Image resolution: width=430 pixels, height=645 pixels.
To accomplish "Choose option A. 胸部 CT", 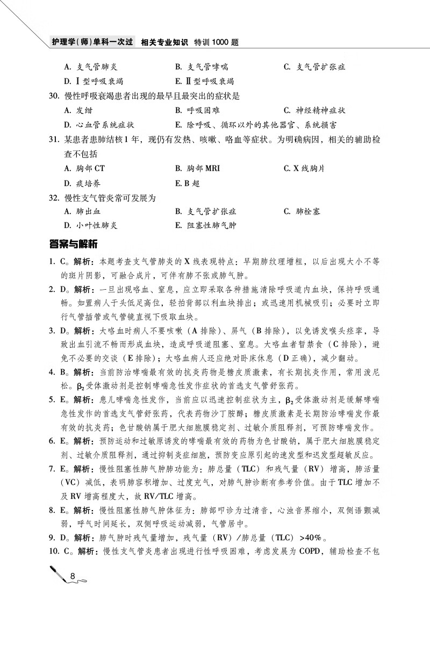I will click(x=84, y=168).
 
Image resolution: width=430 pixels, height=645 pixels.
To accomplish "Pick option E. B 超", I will click(x=188, y=183).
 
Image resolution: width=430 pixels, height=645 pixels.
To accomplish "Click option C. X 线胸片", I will click(x=304, y=168).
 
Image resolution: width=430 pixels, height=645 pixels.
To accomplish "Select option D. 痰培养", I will click(x=82, y=183).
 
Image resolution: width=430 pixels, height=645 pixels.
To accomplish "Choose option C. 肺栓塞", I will click(x=302, y=211).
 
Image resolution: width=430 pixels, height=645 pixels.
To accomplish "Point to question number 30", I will click(x=53, y=96).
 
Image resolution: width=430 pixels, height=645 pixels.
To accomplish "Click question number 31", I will click(x=53, y=139).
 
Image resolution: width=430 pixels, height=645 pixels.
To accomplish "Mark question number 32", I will click(x=53, y=197).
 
